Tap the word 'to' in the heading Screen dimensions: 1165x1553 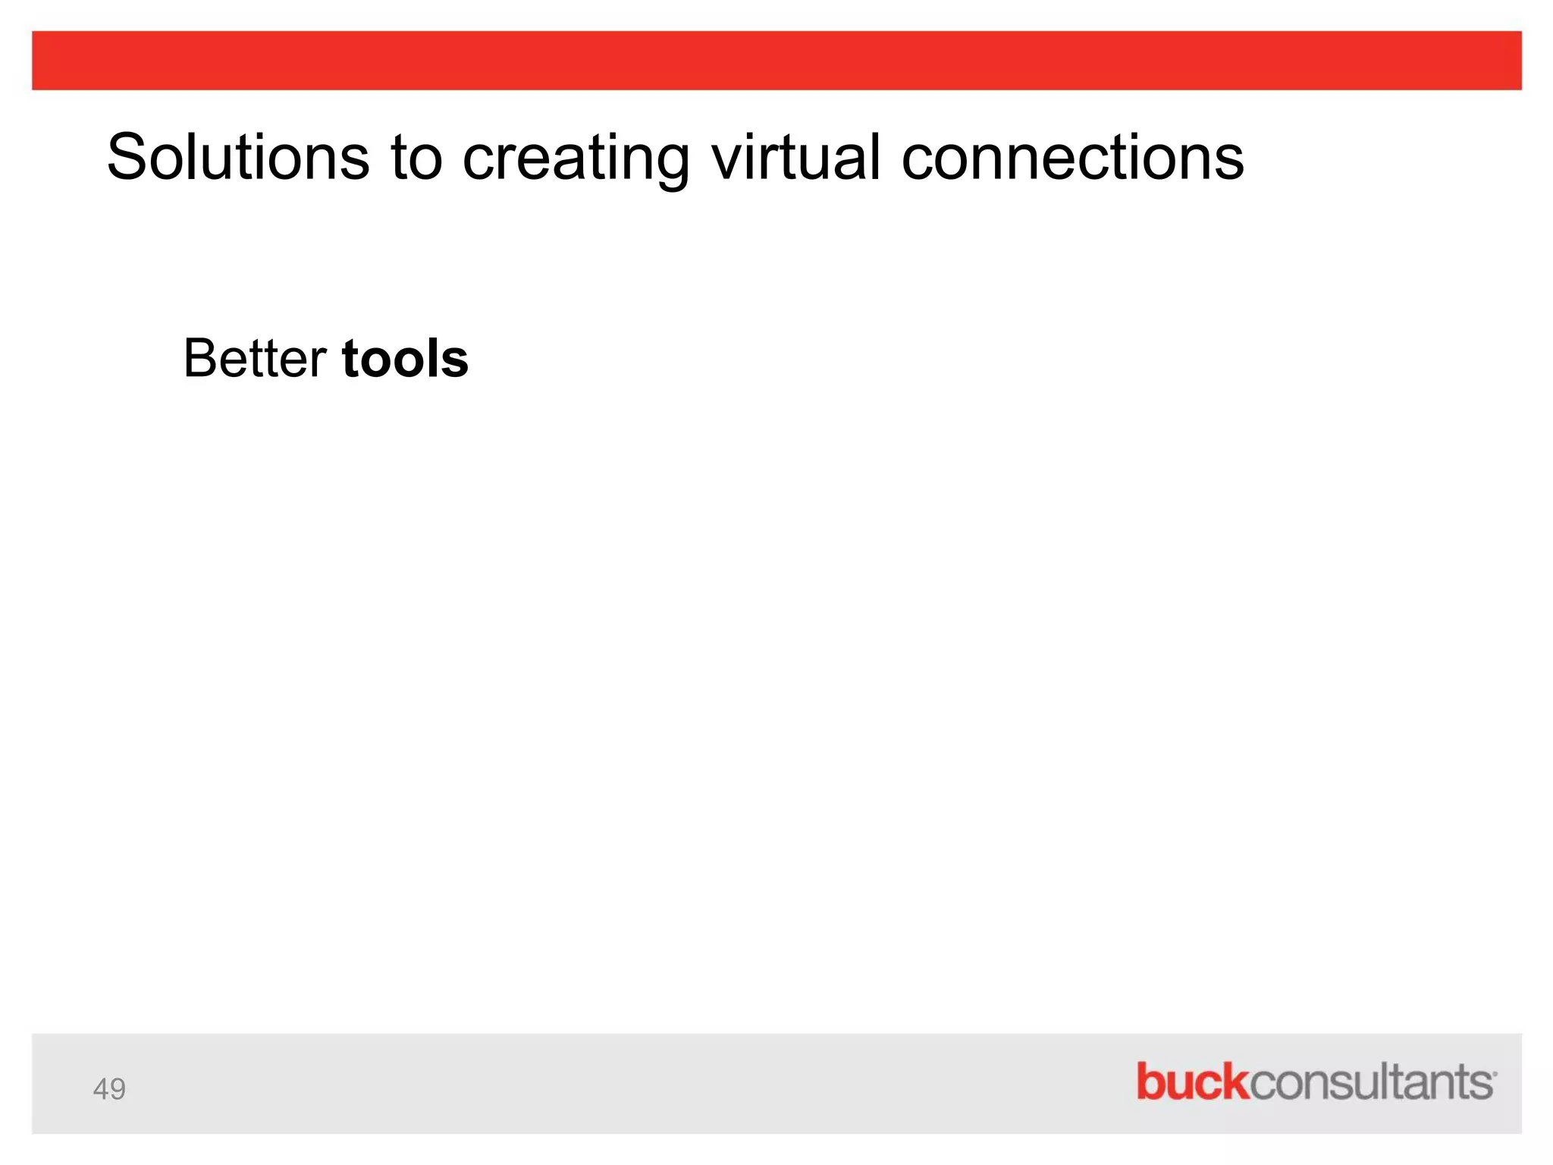(x=416, y=157)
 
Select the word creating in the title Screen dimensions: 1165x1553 (x=576, y=157)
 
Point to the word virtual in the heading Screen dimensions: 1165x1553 (x=795, y=157)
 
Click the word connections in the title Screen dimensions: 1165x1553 (x=1072, y=157)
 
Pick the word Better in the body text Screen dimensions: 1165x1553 (x=255, y=358)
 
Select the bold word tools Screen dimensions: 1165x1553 (x=405, y=358)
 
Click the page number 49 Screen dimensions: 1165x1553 (x=109, y=1089)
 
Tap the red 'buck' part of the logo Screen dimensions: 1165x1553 (x=1191, y=1082)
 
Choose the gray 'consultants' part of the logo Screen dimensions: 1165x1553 (x=1369, y=1083)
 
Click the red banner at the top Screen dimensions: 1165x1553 (x=776, y=61)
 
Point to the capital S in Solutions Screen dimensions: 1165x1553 (x=127, y=157)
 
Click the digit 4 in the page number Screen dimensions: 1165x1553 (x=101, y=1089)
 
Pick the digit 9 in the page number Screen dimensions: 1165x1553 (x=118, y=1089)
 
